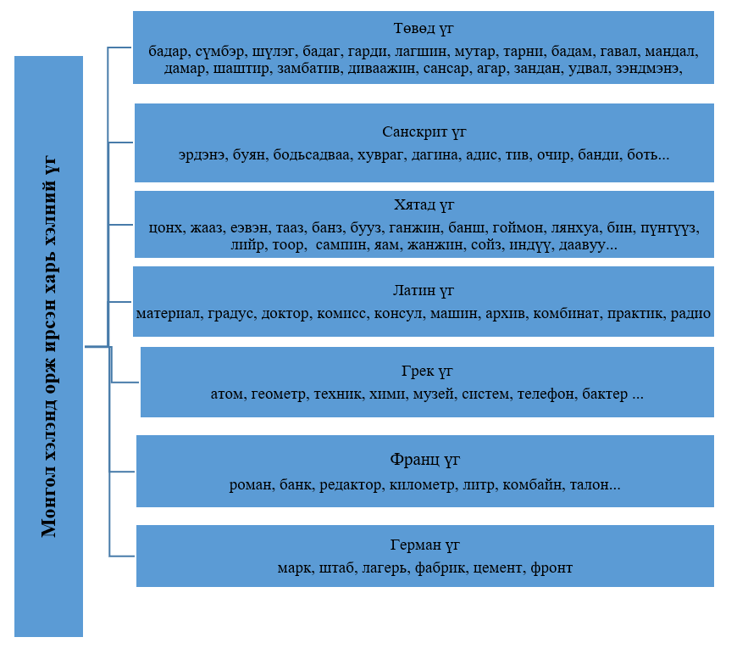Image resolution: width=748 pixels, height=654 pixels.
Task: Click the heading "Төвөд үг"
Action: click(x=424, y=29)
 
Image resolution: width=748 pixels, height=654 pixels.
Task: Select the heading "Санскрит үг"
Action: click(x=424, y=131)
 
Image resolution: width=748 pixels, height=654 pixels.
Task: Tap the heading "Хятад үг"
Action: click(x=424, y=205)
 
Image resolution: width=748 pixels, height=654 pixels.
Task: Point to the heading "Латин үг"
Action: click(x=424, y=290)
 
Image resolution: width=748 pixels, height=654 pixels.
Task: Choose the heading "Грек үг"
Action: click(x=427, y=372)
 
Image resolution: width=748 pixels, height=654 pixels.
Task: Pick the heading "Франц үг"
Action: click(x=424, y=460)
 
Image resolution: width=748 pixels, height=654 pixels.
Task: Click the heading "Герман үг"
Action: click(x=424, y=545)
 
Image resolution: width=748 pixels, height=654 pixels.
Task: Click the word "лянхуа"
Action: click(x=575, y=228)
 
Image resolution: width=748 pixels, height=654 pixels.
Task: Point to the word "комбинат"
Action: click(x=566, y=314)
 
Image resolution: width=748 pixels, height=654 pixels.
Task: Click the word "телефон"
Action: click(x=546, y=394)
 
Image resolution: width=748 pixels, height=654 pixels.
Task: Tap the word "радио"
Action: click(x=690, y=314)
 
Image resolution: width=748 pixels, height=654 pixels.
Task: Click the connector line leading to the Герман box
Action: click(x=122, y=556)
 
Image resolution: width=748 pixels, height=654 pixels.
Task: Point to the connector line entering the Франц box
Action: click(x=122, y=472)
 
